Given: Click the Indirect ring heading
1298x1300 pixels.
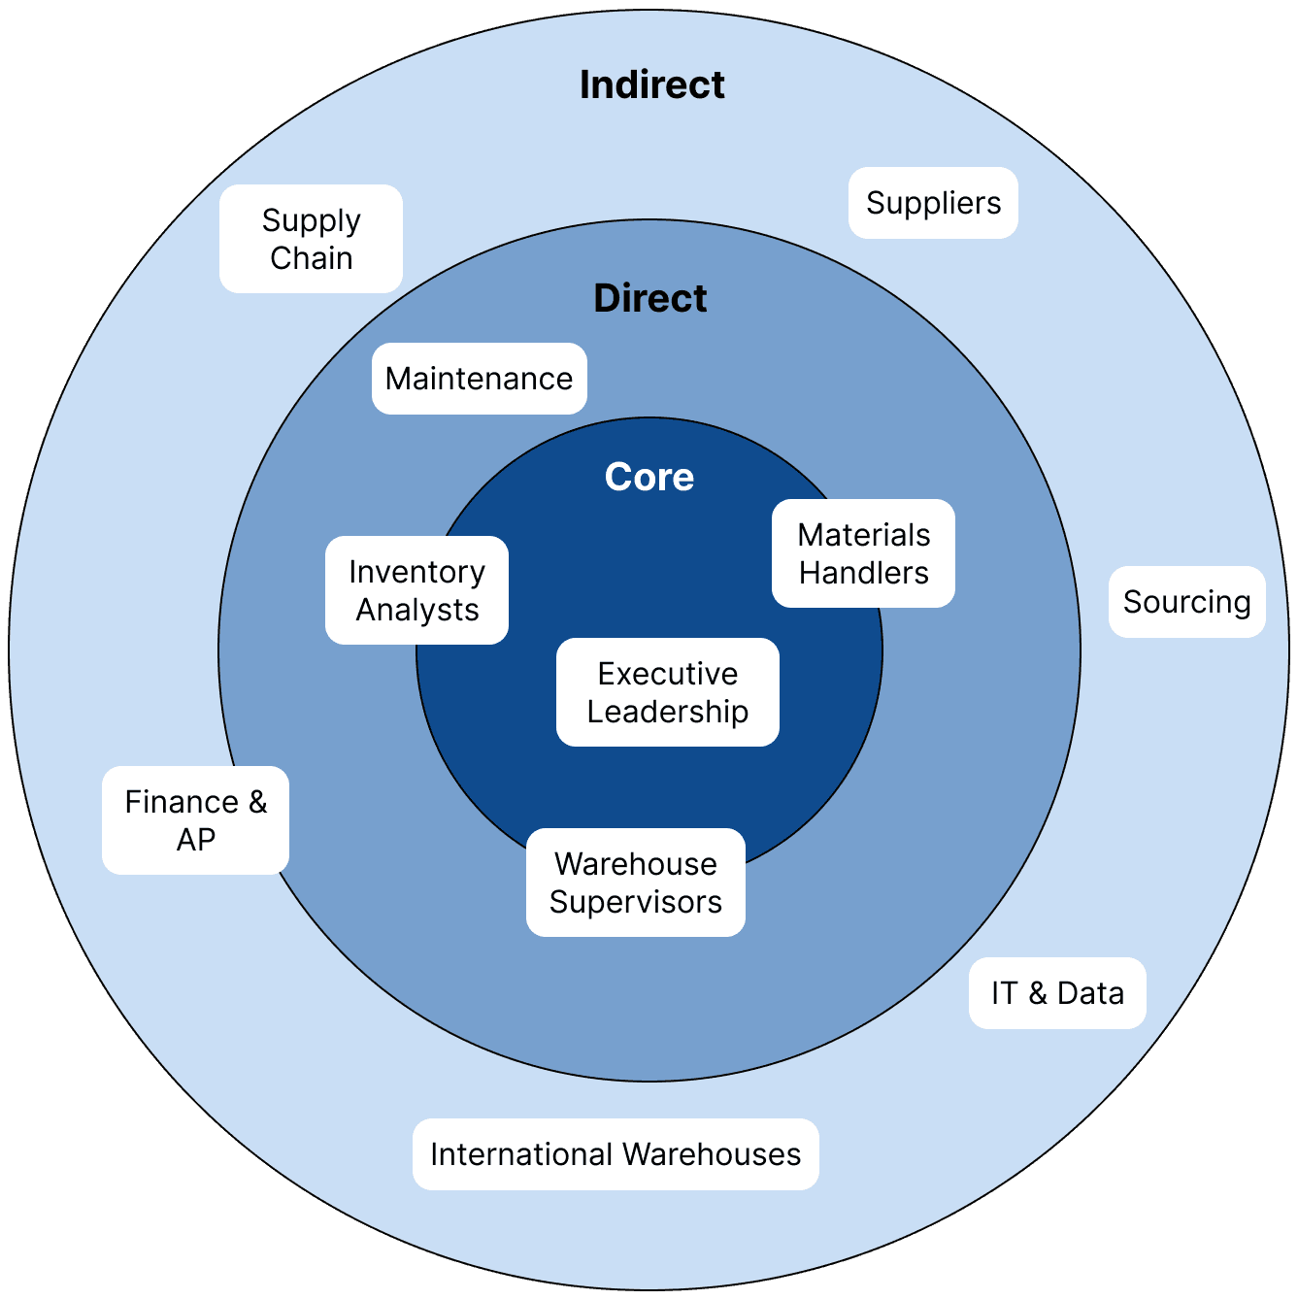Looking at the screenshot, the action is click(651, 85).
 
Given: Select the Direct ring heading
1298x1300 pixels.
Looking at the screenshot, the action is click(649, 299).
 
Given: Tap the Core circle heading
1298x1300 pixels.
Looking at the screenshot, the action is click(649, 478).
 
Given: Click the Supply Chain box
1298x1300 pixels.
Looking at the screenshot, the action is click(311, 239).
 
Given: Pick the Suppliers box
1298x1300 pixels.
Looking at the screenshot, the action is click(933, 203).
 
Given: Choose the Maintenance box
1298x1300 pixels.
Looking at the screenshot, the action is click(479, 379).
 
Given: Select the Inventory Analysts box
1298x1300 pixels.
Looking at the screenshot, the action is click(416, 590).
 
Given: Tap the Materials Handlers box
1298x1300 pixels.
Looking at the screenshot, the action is click(863, 553).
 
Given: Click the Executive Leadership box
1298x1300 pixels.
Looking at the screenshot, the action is click(667, 692).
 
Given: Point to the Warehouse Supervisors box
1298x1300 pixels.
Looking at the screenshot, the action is click(635, 883).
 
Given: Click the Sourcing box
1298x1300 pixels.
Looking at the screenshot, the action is click(1186, 602).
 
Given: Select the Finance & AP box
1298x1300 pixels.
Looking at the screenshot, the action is click(195, 820).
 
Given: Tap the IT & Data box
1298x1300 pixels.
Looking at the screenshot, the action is click(1057, 993).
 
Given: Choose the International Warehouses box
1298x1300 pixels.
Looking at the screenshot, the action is click(616, 1154).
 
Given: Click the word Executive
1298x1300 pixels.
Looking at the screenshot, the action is click(667, 674).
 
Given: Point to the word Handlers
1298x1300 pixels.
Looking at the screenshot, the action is click(863, 573).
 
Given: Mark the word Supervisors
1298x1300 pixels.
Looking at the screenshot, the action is click(635, 902).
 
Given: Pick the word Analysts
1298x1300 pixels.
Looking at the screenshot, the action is click(416, 610).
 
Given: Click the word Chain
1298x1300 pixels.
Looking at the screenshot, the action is click(311, 258).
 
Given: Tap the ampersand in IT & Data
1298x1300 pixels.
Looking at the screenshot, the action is click(1037, 993).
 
